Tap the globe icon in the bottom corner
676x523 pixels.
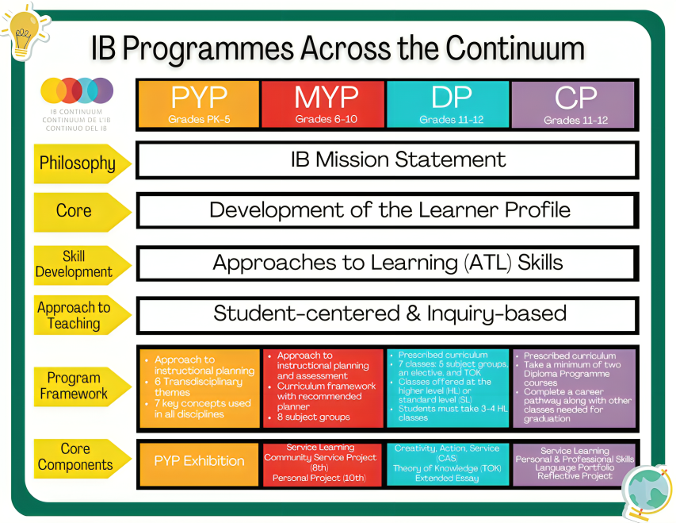tap(645, 489)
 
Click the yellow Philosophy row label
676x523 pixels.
tap(78, 163)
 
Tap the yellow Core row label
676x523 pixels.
tap(74, 210)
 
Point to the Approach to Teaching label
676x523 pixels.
tap(74, 315)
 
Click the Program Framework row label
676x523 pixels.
tap(74, 386)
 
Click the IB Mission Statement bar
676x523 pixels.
tap(388, 160)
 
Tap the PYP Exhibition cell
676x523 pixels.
tap(199, 460)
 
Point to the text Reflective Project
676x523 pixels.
tap(575, 475)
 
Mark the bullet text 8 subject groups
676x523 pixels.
tap(314, 417)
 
